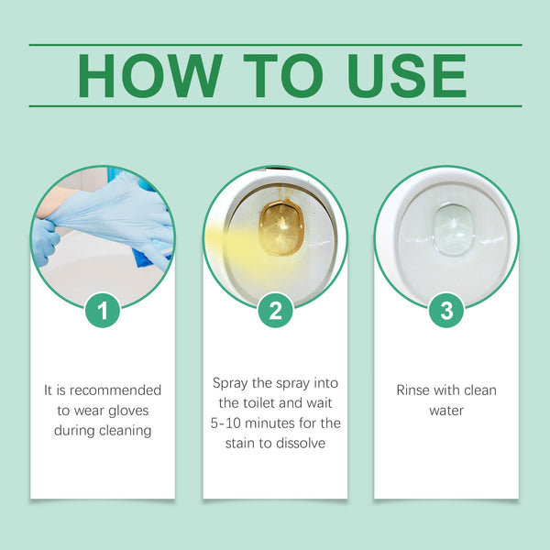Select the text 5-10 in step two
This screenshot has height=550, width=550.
[226, 423]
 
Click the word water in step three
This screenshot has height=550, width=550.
[446, 410]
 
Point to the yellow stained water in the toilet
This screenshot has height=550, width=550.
[275, 229]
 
